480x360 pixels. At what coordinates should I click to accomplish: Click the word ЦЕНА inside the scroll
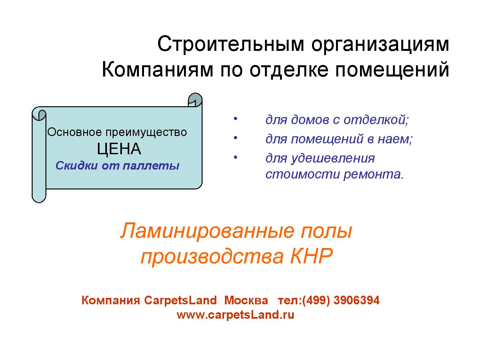point(119,149)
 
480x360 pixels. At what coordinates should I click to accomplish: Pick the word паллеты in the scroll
point(151,165)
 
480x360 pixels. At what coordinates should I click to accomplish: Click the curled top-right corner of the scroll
point(195,100)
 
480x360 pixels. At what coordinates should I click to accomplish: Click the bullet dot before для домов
point(235,119)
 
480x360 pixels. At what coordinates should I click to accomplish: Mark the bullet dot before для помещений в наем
point(235,138)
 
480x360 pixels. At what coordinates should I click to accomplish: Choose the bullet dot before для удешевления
point(235,157)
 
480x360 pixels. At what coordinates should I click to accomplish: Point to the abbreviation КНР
point(312,256)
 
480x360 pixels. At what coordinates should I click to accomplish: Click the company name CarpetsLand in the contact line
point(180,300)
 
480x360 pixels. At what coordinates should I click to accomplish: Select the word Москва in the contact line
point(246,300)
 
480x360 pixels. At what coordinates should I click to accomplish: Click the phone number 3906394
point(356,300)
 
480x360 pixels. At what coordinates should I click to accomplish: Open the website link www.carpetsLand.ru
point(236,315)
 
